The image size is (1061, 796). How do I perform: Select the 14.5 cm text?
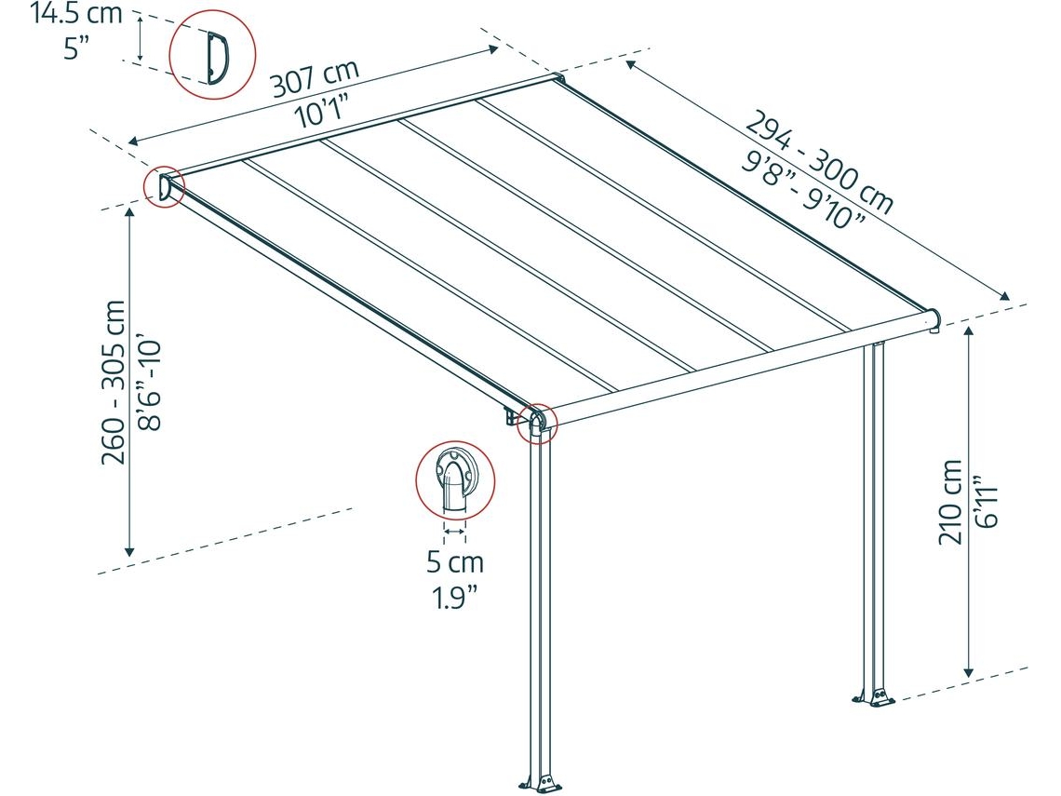[x=76, y=14]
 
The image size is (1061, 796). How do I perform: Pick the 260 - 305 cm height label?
[x=113, y=382]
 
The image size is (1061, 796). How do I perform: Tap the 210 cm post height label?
[x=950, y=502]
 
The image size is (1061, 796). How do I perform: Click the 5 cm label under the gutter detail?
[x=455, y=561]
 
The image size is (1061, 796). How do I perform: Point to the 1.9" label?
[x=455, y=597]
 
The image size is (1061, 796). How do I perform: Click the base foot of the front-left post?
[x=539, y=784]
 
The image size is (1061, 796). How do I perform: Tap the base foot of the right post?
[x=874, y=697]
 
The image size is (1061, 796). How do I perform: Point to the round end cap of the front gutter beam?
[x=932, y=319]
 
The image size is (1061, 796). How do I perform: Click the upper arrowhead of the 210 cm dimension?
[x=970, y=331]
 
